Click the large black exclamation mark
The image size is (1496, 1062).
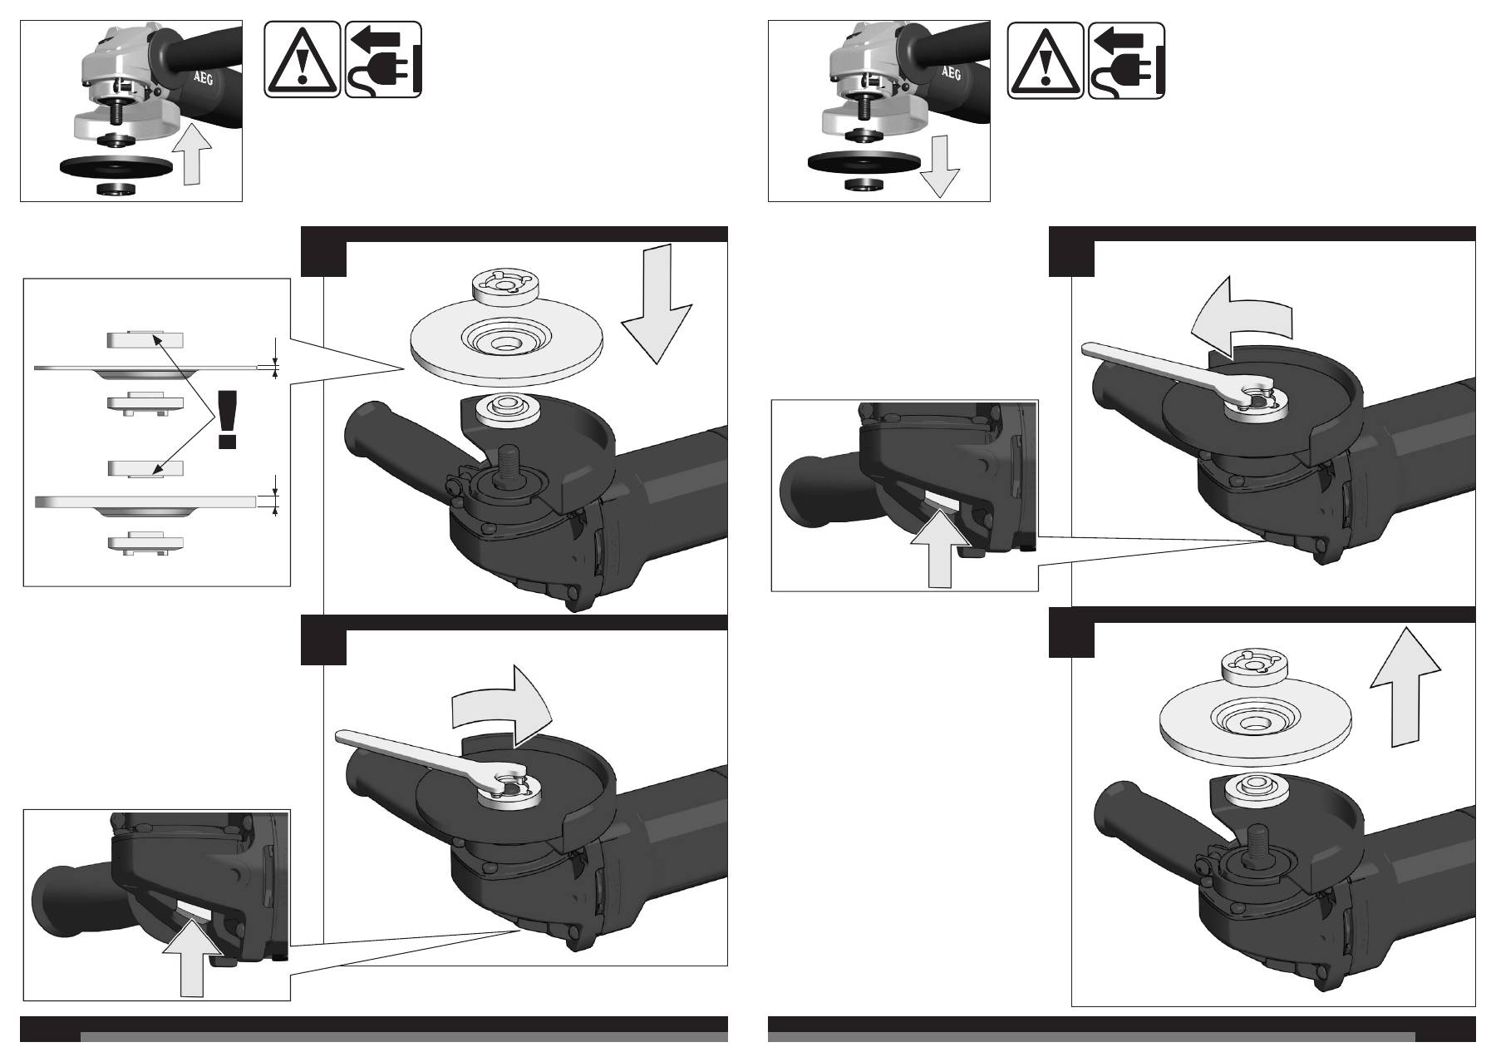225,419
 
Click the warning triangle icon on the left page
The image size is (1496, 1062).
303,61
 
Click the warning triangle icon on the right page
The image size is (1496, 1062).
1046,61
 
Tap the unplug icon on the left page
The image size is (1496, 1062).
383,61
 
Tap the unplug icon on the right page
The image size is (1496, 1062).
1126,61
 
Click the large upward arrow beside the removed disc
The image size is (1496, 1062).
1405,687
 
